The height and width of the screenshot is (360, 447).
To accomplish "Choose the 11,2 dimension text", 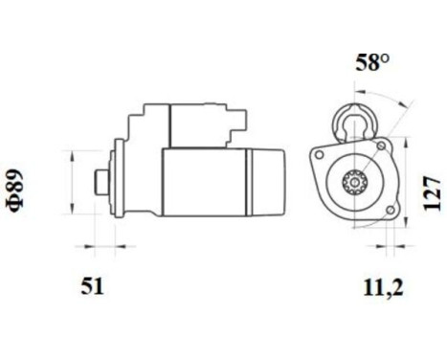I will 382,285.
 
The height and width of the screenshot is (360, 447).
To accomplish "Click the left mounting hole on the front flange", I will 319,153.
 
